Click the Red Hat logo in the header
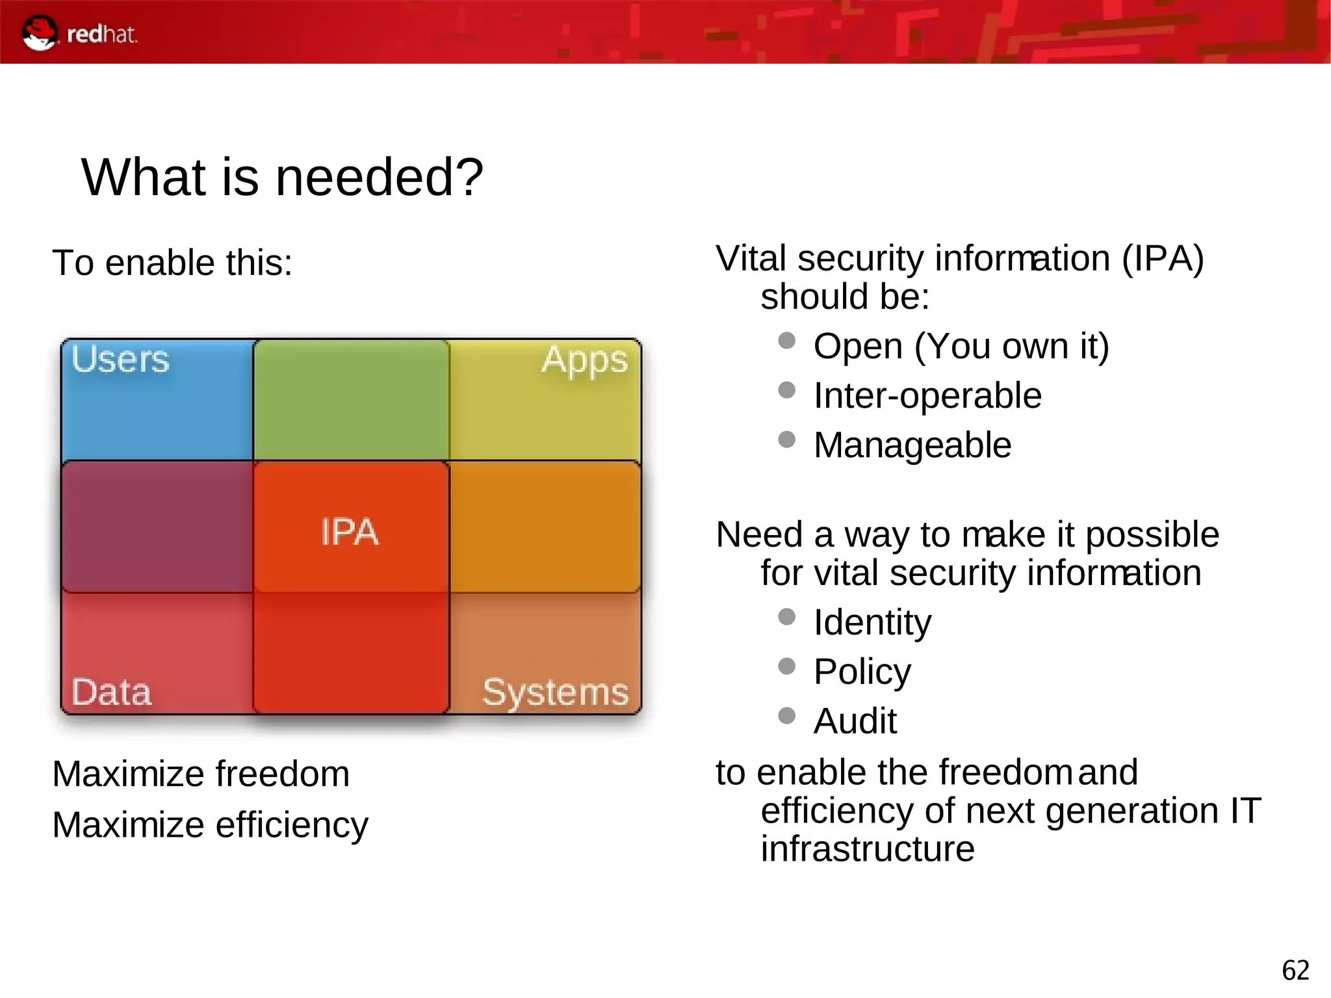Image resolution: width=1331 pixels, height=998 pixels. pos(79,33)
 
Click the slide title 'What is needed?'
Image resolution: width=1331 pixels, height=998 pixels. pos(282,177)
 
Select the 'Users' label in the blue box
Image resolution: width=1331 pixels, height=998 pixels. pos(120,360)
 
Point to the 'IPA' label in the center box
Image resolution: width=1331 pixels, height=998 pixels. pos(350,532)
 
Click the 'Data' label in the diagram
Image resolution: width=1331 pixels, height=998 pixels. pos(111,692)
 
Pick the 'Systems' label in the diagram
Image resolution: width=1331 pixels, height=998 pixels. pos(555,692)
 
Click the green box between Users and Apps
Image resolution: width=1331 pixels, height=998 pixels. pos(351,400)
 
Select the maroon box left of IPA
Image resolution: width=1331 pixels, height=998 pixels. pos(157,527)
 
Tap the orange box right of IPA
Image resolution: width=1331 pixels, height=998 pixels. pos(545,527)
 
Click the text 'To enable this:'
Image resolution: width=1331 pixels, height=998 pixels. pos(172,263)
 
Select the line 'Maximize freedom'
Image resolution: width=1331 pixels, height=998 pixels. pos(201,774)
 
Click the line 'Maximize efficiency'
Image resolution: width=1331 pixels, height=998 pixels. pos(210,824)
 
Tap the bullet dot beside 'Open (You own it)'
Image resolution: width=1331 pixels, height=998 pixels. pos(786,341)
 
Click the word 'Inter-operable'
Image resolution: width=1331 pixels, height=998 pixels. pos(927,395)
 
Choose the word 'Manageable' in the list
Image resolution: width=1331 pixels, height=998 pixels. pos(912,445)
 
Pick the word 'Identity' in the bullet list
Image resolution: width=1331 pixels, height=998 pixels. pos(872,622)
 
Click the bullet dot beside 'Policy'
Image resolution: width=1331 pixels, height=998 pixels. pos(786,666)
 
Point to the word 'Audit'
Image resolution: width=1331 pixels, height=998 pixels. pos(855,721)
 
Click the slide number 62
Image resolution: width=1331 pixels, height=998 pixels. pos(1295,970)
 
